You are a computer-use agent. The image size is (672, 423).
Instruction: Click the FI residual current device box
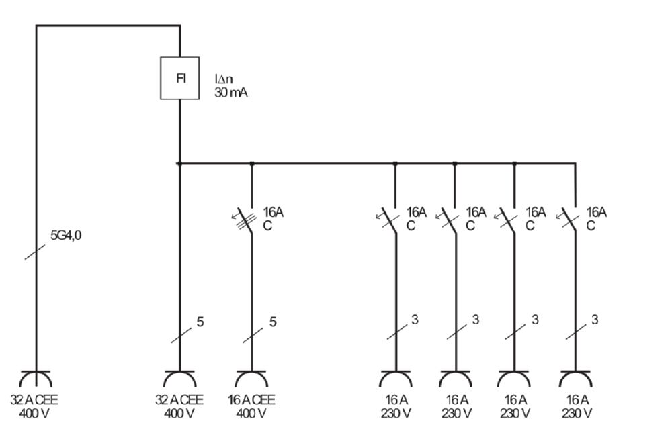point(180,78)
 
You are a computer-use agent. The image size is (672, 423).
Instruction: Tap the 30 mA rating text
point(230,93)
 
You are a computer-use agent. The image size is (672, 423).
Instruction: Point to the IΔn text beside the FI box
point(224,79)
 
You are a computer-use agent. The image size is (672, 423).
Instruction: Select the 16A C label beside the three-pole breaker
point(273,219)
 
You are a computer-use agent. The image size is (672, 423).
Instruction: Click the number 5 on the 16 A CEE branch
point(273,322)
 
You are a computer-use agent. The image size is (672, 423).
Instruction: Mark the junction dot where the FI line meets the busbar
point(179,163)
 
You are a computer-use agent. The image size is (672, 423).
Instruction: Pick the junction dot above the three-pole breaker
point(252,163)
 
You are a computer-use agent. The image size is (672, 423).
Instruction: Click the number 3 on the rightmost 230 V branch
point(595,320)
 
